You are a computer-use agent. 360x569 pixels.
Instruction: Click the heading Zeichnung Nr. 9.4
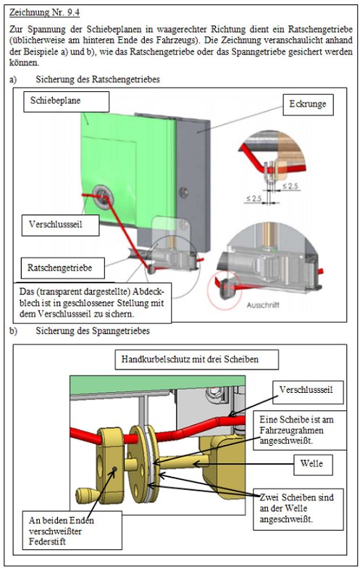[x=44, y=12]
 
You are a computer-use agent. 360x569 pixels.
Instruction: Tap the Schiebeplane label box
[x=67, y=101]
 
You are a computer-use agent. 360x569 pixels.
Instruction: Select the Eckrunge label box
[x=308, y=105]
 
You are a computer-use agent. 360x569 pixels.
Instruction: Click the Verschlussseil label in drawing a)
[x=60, y=225]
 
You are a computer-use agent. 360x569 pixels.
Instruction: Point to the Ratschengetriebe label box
[x=63, y=268]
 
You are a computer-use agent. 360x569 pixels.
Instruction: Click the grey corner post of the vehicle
[x=193, y=181]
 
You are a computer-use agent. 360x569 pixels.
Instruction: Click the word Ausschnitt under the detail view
[x=263, y=305]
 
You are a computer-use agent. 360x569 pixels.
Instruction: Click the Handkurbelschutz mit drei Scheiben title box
[x=197, y=360]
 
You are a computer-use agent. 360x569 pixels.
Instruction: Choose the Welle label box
[x=313, y=465]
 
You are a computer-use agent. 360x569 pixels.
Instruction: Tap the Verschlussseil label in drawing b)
[x=308, y=392]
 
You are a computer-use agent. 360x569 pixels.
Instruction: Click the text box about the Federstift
[x=72, y=530]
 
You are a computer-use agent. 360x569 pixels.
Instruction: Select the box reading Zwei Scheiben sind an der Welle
[x=298, y=509]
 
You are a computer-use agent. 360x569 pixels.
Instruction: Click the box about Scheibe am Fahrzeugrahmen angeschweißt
[x=299, y=431]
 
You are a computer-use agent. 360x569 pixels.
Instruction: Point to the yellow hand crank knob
[x=86, y=494]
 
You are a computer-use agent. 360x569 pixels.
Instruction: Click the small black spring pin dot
[x=114, y=469]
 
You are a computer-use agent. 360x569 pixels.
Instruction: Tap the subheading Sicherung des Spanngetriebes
[x=93, y=331]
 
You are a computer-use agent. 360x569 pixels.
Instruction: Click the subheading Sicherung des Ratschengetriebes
[x=98, y=79]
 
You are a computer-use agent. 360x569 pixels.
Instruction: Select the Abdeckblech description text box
[x=92, y=303]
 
